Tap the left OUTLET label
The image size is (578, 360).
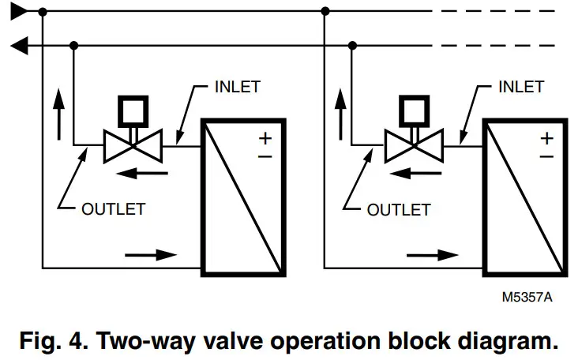pos(114,209)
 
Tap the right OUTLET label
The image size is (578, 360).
pos(398,209)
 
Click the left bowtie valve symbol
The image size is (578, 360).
pos(133,145)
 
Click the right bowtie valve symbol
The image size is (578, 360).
pos(414,145)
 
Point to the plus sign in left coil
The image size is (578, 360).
pos(265,138)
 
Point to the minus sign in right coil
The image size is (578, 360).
pos(546,157)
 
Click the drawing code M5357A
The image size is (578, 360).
pos(527,298)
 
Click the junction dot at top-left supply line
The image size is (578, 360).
pos(43,12)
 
